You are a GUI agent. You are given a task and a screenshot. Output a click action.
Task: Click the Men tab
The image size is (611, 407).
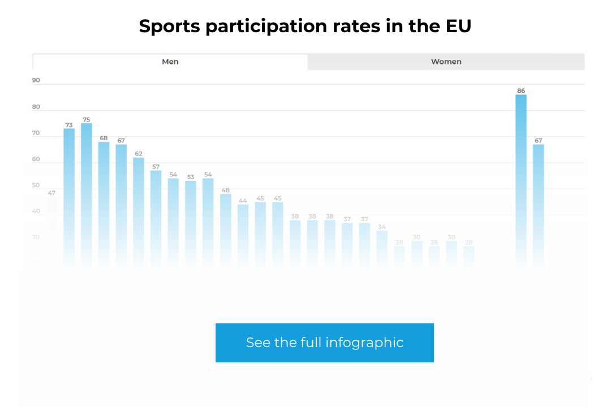170,62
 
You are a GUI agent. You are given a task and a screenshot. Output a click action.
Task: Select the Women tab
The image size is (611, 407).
446,62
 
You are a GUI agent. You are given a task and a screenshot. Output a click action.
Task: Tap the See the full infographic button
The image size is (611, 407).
324,343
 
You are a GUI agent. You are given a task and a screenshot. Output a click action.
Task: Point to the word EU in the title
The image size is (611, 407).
458,27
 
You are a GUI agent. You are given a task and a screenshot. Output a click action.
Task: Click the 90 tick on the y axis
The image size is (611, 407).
36,80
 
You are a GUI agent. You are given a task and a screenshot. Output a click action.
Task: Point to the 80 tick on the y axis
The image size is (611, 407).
36,107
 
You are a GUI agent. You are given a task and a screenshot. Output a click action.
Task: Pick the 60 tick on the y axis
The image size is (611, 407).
36,159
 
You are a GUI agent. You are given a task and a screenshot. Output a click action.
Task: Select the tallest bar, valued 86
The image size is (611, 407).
521,181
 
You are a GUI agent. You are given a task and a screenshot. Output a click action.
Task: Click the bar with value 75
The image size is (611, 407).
87,195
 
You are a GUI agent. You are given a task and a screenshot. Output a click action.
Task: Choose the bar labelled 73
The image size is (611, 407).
69,198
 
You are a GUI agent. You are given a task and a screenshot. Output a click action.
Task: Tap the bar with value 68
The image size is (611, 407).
104,203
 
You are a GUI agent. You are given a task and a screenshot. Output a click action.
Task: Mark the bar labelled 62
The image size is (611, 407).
139,212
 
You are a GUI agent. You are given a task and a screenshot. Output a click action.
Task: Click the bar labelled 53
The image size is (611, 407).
191,223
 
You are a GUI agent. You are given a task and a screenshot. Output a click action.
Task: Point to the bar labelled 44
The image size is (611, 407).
243,235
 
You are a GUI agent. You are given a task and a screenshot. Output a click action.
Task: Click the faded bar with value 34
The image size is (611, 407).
382,249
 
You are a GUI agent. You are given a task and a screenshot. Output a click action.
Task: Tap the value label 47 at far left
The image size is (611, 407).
51,193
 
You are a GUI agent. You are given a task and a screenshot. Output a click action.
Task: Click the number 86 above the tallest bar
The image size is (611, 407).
521,91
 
